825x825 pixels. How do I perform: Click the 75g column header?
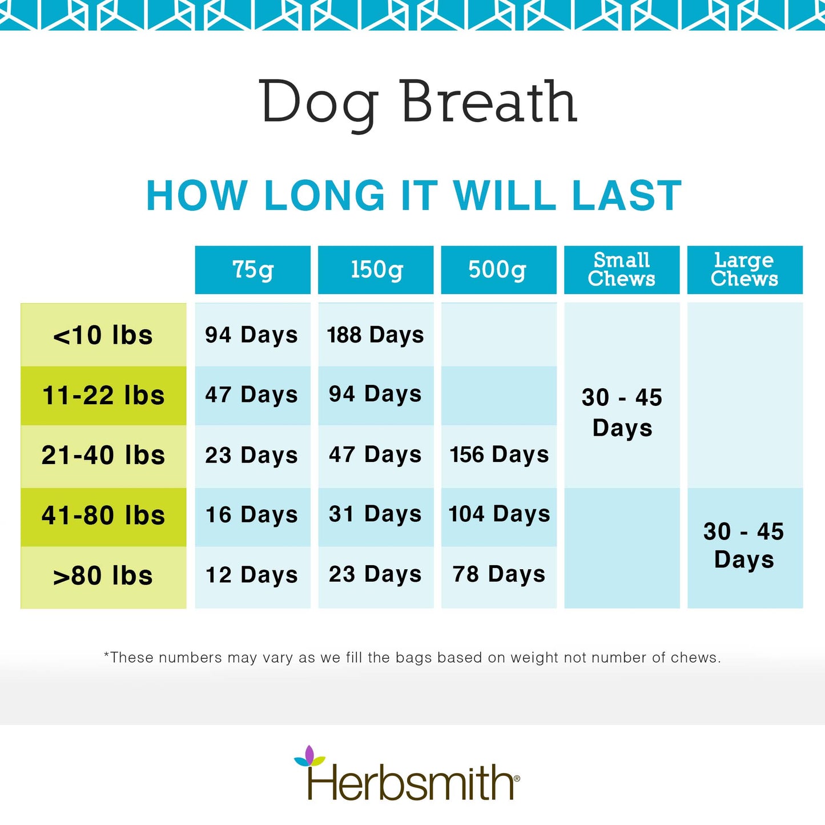tap(252, 269)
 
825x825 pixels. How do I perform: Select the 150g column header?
tap(376, 269)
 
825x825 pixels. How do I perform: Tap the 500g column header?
tap(498, 269)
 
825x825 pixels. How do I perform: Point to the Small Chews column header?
tap(622, 269)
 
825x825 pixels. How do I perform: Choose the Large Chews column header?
tap(744, 269)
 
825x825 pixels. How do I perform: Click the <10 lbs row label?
tap(103, 335)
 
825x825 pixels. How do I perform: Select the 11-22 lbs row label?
tap(103, 395)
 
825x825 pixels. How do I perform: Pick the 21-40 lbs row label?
tap(103, 456)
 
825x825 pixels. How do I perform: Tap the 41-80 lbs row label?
tap(103, 516)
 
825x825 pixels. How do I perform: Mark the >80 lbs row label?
tap(103, 576)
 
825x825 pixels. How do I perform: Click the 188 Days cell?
tap(376, 335)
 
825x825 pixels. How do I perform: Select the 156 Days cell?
tap(499, 455)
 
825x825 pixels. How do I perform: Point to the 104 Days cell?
tap(499, 514)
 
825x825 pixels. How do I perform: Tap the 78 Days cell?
tap(499, 574)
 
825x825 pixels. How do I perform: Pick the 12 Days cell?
tap(252, 575)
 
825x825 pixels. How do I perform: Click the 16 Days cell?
tap(252, 515)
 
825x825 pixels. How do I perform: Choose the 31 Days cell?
tap(375, 514)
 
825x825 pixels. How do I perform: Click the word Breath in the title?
tap(489, 103)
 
